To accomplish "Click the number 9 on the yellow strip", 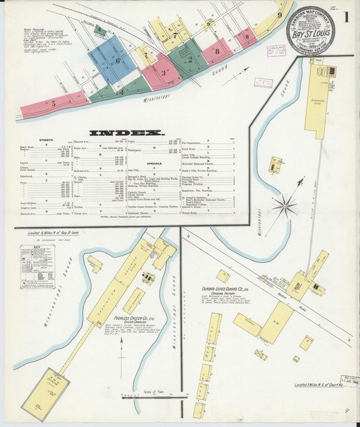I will [279, 15].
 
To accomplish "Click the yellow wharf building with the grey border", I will [45, 393].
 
